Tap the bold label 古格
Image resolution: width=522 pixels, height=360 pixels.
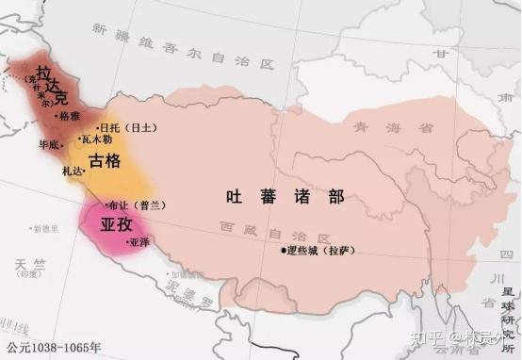(106, 161)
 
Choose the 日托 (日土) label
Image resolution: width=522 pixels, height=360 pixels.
(121, 125)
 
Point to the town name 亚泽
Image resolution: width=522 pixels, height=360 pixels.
(139, 241)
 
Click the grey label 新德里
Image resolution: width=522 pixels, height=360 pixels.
(44, 228)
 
